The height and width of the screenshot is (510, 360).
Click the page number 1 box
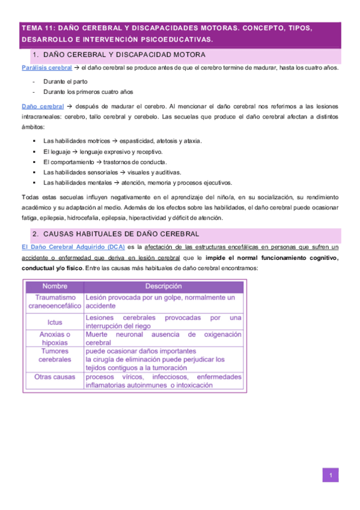330,476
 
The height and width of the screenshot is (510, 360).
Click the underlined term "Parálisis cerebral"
42,67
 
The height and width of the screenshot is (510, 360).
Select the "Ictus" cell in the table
55,322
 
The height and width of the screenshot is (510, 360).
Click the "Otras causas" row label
55,377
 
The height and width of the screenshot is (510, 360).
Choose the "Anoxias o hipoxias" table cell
55,339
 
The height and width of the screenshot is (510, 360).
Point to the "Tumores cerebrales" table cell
55,355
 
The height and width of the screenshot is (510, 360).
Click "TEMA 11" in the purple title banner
39,28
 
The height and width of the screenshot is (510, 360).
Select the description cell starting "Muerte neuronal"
163,339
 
